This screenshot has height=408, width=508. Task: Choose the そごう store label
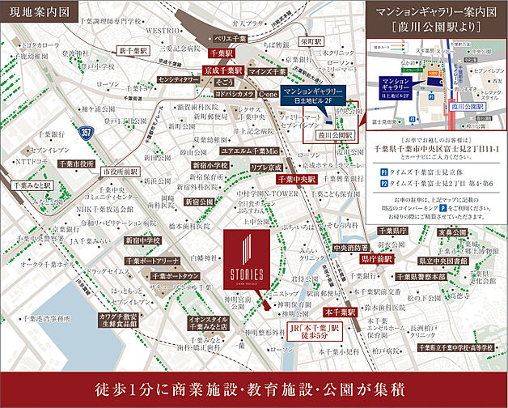(224, 82)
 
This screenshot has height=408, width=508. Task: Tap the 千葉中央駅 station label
(292, 178)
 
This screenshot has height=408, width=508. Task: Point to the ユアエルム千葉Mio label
(248, 151)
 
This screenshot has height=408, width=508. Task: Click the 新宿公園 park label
(199, 201)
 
